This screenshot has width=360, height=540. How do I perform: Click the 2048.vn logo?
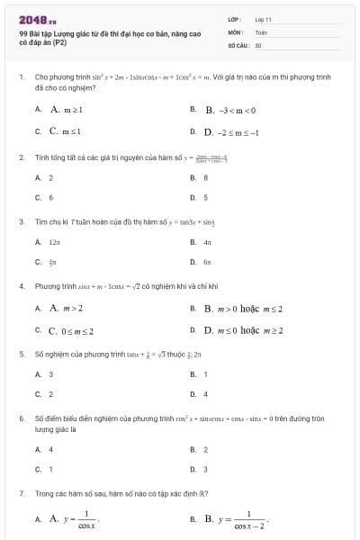pyautogui.click(x=38, y=19)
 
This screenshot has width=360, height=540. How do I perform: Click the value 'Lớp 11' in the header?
pyautogui.click(x=263, y=19)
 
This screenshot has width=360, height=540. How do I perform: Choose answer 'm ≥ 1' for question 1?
pyautogui.click(x=67, y=110)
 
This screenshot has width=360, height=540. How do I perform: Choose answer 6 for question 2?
pyautogui.click(x=51, y=197)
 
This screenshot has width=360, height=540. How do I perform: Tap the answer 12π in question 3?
pyautogui.click(x=55, y=242)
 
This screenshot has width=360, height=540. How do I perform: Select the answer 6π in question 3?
pyautogui.click(x=207, y=262)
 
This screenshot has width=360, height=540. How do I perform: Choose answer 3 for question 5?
pyautogui.click(x=51, y=374)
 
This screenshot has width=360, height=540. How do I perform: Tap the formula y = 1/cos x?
pyautogui.click(x=80, y=519)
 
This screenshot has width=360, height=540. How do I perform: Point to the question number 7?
pyautogui.click(x=21, y=494)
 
